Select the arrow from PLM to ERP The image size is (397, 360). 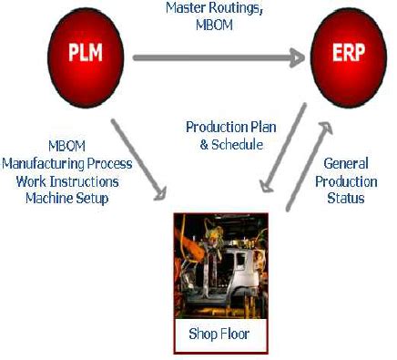click(x=219, y=57)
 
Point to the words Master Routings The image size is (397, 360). click(x=215, y=7)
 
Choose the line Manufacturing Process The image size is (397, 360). click(x=66, y=164)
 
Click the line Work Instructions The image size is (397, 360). click(x=66, y=180)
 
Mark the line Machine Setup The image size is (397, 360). click(x=66, y=197)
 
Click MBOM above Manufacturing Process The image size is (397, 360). click(x=66, y=147)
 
